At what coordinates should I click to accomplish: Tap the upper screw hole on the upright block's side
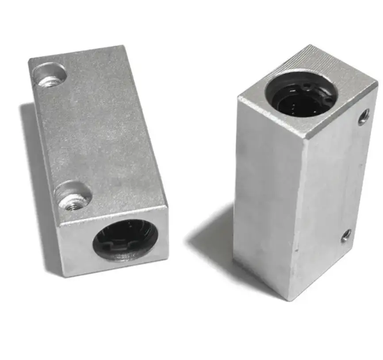(x=364, y=117)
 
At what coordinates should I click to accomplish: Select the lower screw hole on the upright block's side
(x=346, y=235)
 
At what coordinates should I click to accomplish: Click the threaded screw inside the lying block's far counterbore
(x=50, y=81)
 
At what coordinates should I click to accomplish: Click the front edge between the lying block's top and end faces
(x=113, y=216)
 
